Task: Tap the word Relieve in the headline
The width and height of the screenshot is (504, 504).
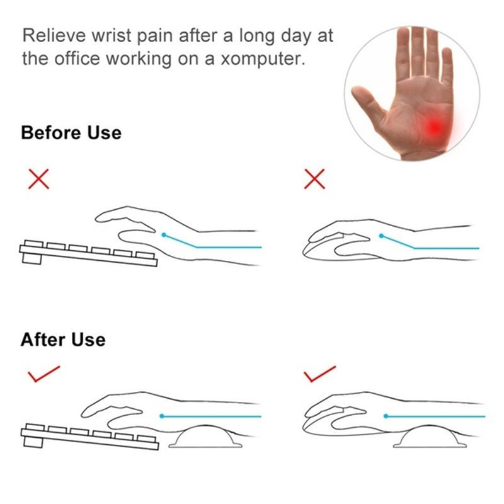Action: click(x=54, y=35)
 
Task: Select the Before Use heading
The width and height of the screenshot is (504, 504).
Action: click(x=71, y=132)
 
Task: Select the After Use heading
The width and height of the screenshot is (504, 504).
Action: click(x=63, y=340)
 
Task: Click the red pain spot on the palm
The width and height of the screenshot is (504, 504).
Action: click(x=436, y=127)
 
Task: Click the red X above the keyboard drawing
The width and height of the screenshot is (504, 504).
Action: click(x=38, y=179)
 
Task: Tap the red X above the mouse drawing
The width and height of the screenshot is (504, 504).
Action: click(x=314, y=179)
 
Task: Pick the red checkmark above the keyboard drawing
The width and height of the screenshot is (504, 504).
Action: click(x=43, y=374)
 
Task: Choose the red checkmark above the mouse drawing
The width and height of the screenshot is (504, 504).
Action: click(x=319, y=374)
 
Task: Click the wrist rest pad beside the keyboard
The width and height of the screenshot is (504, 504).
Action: click(x=205, y=437)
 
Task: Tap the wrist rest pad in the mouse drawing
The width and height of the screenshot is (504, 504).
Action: click(x=430, y=437)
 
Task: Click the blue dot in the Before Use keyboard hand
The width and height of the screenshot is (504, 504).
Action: click(x=164, y=235)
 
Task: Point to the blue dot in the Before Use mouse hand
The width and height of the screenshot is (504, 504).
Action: click(x=382, y=236)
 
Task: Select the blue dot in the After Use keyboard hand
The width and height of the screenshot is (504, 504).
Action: click(x=162, y=416)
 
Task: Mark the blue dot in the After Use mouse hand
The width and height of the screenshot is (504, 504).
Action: click(x=386, y=416)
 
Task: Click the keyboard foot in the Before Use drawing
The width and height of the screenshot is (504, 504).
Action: click(x=31, y=259)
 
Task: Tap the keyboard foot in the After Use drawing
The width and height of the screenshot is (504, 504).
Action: click(x=33, y=442)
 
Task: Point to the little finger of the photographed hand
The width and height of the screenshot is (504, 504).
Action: click(x=447, y=64)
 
